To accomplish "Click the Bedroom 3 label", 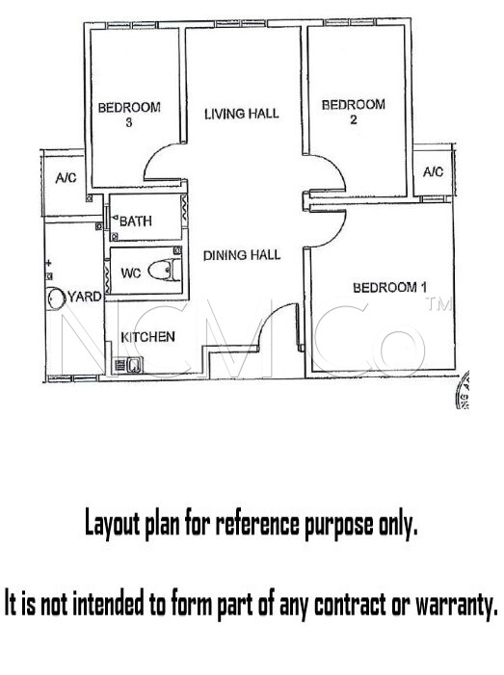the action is pos(129,114).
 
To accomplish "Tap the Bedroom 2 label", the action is pos(354,112).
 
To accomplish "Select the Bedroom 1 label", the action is pos(390,287).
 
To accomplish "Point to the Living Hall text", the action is pos(242,114).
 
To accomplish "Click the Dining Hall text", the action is pos(242,255).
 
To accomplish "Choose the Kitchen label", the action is pos(147,337).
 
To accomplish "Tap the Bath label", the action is pos(136,221).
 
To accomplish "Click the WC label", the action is pos(130,273).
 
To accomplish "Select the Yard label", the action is pos(85,297).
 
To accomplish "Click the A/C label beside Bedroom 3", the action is pos(66,178).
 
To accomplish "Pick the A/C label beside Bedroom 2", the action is pos(433,172).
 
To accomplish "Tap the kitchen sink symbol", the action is pos(128,366).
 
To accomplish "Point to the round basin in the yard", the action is pos(56,298).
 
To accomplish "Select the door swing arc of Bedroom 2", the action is pos(340,168).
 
